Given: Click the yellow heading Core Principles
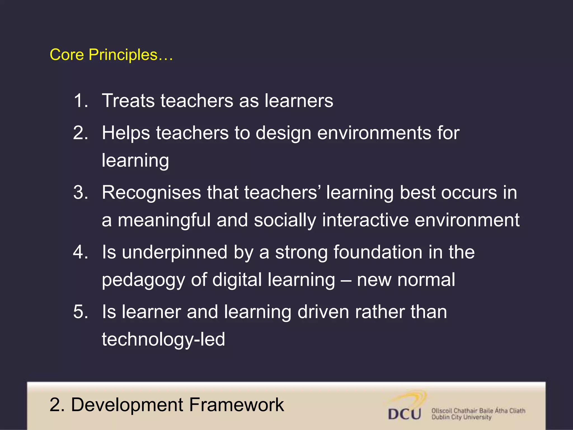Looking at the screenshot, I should (111, 55).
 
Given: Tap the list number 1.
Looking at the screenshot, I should (81, 101).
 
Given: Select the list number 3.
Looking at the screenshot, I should (81, 193).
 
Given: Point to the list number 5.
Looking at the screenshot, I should (81, 312).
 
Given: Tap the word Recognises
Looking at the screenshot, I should (151, 193).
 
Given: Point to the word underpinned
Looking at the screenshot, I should (175, 253).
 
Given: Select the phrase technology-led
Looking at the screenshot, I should (163, 339).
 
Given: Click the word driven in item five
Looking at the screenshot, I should (323, 312).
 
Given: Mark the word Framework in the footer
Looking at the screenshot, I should (236, 405).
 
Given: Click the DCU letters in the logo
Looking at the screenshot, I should (405, 414).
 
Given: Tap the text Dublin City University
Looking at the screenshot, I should (461, 417).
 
